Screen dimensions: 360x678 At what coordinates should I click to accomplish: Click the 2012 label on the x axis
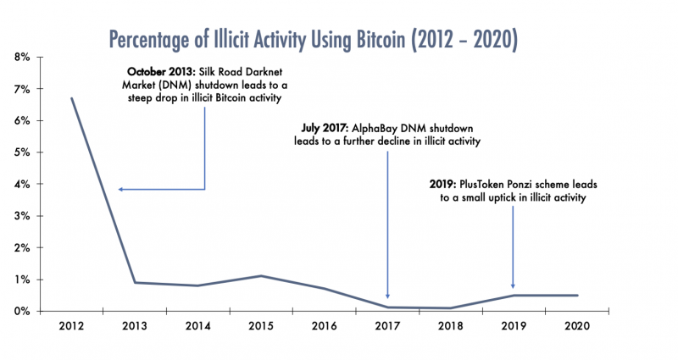tap(71, 326)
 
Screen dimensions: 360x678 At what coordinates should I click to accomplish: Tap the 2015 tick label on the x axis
tap(261, 326)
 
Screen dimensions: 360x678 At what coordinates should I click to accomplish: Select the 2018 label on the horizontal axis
tap(450, 326)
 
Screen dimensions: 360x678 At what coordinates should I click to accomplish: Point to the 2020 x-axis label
tap(577, 326)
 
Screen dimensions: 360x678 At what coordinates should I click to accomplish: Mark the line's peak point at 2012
tap(71, 98)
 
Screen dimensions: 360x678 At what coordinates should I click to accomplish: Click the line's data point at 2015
tap(261, 276)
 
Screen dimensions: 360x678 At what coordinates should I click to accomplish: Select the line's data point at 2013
tap(135, 282)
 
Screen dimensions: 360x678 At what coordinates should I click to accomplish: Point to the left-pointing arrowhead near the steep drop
tap(121, 189)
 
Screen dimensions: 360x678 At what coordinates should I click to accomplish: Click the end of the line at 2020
tap(577, 296)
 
